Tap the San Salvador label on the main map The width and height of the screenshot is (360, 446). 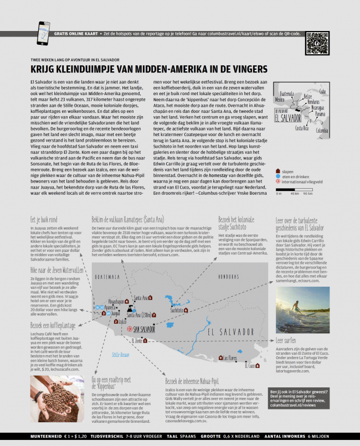(143, 329)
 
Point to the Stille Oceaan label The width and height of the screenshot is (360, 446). (120, 355)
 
